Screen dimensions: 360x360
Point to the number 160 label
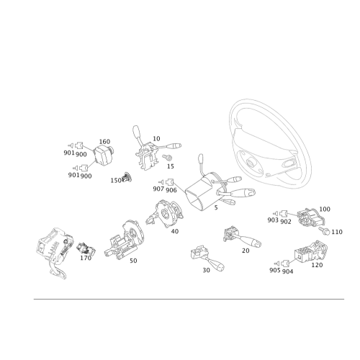(x=104, y=140)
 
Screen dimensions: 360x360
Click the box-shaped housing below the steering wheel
(x=199, y=192)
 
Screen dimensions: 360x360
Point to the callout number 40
(x=175, y=231)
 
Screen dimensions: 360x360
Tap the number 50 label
(x=132, y=261)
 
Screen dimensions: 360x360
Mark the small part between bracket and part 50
(x=86, y=249)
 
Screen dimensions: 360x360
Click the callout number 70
(x=246, y=251)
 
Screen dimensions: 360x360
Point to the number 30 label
(x=207, y=269)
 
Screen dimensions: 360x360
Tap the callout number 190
(x=324, y=209)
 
